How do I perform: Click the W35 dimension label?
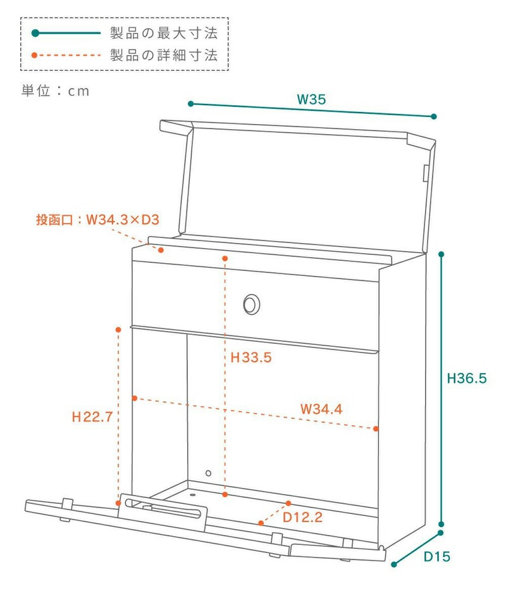[311, 99]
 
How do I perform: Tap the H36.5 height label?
[467, 378]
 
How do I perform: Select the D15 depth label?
[436, 557]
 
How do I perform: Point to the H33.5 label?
[250, 358]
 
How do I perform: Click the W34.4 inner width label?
[321, 409]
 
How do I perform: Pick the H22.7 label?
[92, 417]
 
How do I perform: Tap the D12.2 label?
[302, 517]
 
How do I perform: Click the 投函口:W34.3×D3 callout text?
[97, 220]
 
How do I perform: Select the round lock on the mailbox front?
[251, 304]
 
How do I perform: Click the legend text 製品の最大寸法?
[164, 33]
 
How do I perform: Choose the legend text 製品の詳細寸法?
[164, 55]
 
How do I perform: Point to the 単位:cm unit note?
[56, 91]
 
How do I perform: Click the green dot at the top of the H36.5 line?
[441, 254]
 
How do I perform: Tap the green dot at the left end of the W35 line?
[190, 103]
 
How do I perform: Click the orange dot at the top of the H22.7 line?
[118, 330]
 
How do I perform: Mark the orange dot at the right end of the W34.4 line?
[376, 428]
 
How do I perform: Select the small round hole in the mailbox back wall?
[208, 473]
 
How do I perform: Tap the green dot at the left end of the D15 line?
[393, 563]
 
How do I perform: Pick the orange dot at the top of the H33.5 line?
[225, 258]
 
